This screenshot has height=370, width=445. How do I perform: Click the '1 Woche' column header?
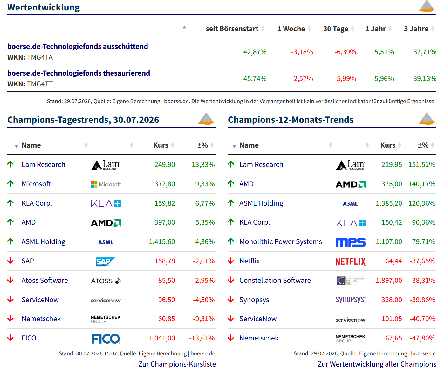291,29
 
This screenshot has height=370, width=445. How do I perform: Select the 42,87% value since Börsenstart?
255,52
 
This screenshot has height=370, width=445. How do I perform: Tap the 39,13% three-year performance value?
425,78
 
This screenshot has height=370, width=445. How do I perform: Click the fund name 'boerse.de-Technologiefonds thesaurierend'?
79,73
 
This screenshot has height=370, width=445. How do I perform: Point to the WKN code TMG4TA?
40,57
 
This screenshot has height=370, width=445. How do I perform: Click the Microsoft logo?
106,184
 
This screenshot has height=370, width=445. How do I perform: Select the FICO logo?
106,339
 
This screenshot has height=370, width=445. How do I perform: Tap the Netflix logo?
350,261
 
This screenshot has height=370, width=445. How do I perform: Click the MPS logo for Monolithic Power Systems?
350,242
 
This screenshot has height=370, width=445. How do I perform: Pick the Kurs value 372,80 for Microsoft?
165,184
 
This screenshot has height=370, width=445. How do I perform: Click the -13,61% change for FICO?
202,338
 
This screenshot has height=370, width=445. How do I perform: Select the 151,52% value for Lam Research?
422,164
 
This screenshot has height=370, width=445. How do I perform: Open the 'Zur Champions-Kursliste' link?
177,364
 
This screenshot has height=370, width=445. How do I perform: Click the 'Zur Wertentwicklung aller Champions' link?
377,364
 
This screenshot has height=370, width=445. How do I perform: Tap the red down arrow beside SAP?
10,261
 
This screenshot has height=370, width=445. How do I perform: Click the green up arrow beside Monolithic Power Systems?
231,241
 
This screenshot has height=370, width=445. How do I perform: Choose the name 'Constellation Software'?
275,280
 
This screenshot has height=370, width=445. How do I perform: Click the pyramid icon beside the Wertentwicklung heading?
427,6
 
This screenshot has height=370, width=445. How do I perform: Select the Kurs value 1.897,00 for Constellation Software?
389,281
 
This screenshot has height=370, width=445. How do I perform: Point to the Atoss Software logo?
106,281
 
